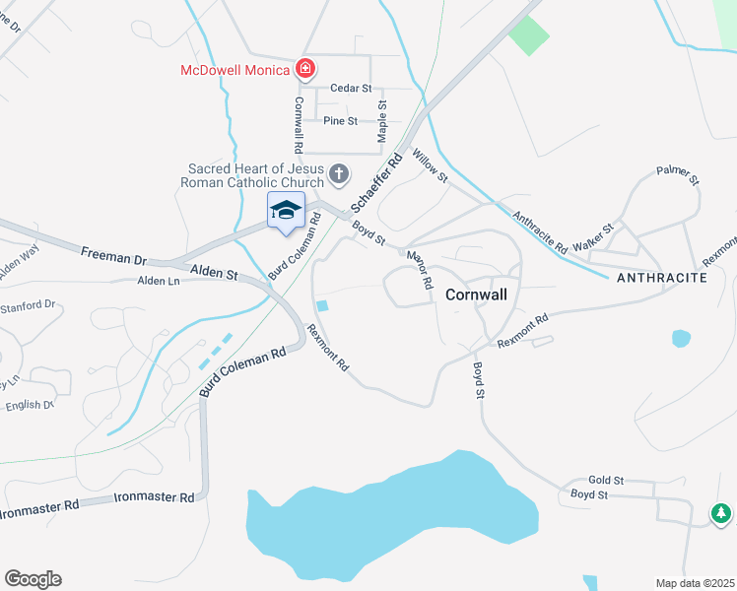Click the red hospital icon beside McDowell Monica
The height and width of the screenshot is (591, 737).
click(305, 69)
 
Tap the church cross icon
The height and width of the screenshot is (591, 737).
click(338, 175)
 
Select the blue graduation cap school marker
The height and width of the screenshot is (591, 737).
click(287, 210)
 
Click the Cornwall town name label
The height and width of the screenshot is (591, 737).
click(476, 294)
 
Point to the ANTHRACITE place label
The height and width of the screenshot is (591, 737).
click(662, 279)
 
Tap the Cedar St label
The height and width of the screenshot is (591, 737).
click(350, 88)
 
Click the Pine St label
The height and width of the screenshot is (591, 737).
click(340, 120)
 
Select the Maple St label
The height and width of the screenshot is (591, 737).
click(382, 121)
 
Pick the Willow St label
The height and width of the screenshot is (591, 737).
click(431, 165)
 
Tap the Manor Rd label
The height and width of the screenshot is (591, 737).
click(421, 269)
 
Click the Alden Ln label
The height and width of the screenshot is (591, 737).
click(159, 281)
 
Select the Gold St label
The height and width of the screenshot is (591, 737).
click(606, 480)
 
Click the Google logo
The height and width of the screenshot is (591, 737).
click(33, 579)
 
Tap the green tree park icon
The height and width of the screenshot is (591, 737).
click(721, 513)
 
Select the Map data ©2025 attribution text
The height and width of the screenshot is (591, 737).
click(694, 583)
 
